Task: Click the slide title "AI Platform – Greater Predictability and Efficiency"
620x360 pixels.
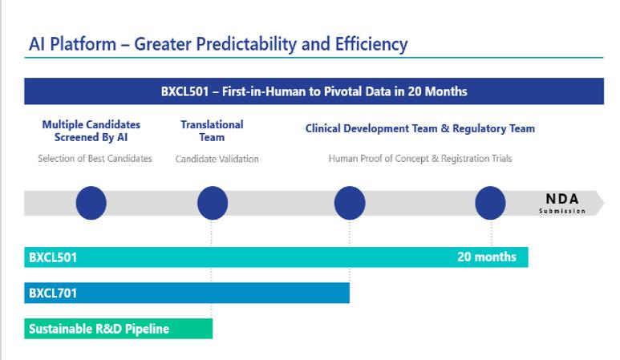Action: (x=218, y=44)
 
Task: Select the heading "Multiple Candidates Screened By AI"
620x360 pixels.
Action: (x=91, y=131)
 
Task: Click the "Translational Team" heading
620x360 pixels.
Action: (x=212, y=131)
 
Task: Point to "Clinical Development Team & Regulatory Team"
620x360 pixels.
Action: (x=419, y=128)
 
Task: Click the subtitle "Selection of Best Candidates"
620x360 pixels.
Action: (x=95, y=159)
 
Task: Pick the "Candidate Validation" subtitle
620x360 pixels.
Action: (x=217, y=159)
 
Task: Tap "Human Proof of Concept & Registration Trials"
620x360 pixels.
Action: (x=419, y=159)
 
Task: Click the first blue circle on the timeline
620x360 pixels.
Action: (x=91, y=203)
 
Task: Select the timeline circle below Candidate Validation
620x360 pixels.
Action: (x=213, y=203)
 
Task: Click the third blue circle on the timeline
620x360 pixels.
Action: (x=350, y=203)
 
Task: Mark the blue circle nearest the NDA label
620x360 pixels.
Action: (x=490, y=203)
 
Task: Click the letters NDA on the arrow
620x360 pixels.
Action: (x=562, y=199)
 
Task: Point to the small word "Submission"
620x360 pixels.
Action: (x=562, y=212)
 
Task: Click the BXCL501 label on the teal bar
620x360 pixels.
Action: (x=53, y=257)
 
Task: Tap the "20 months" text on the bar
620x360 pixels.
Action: (x=487, y=257)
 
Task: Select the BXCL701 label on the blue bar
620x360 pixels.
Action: (x=53, y=293)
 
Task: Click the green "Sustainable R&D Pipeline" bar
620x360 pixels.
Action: (x=118, y=329)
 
